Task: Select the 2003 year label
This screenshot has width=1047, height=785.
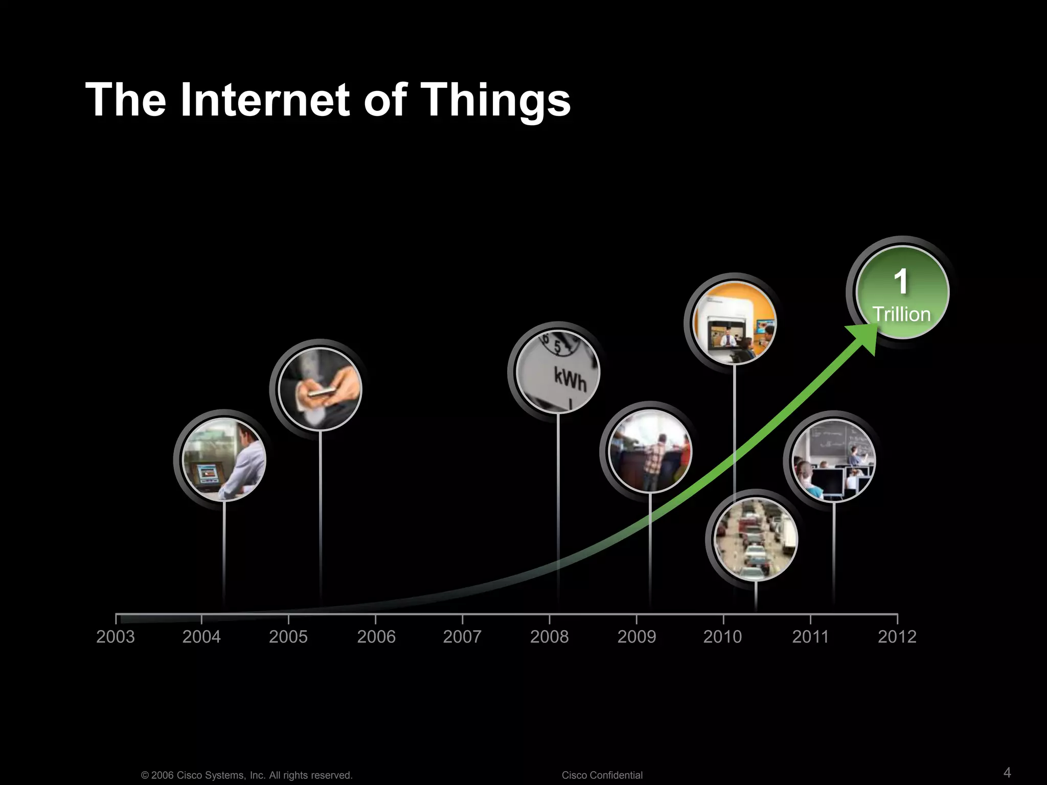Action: (x=116, y=637)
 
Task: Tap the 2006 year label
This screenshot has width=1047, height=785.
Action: (x=376, y=637)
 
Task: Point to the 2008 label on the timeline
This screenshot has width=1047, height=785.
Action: (x=549, y=637)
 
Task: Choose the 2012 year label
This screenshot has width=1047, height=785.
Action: (x=897, y=637)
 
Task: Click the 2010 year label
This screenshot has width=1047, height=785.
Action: (x=722, y=637)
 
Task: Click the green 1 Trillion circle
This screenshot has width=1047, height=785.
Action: (x=902, y=292)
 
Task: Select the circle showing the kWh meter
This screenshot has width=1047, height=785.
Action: (x=558, y=372)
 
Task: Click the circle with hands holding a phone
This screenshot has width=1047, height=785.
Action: (x=320, y=389)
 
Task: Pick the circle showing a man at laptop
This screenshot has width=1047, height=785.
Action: (x=224, y=459)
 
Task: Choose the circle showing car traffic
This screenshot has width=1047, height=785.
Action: (x=755, y=539)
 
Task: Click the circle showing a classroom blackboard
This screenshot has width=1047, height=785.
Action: (x=833, y=460)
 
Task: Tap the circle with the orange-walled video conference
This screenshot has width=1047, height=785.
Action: (x=734, y=323)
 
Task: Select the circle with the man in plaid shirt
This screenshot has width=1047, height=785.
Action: (x=650, y=451)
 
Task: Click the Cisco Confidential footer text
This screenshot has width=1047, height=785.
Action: (x=602, y=775)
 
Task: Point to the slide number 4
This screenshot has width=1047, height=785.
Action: (x=1007, y=772)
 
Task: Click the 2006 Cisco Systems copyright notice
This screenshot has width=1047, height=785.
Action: (x=246, y=775)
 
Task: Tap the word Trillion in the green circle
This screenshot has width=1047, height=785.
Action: (x=901, y=314)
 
